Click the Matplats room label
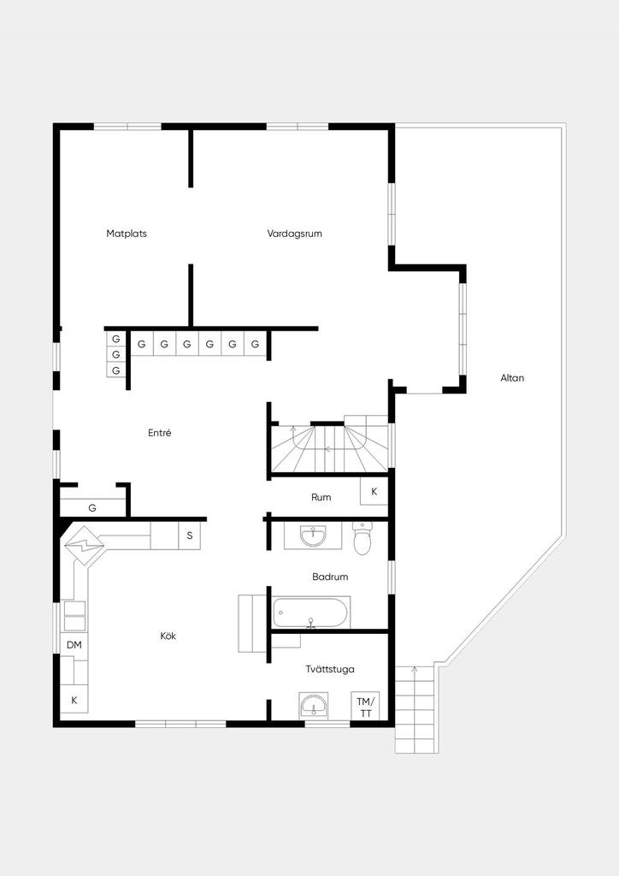(x=127, y=234)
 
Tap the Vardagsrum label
(x=295, y=234)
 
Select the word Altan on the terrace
(x=512, y=377)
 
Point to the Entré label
(x=160, y=432)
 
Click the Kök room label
(x=168, y=636)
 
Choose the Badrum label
(x=330, y=577)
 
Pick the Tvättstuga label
(x=330, y=669)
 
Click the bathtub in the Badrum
(x=311, y=613)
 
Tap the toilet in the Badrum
(x=363, y=539)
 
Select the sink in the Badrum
(x=313, y=536)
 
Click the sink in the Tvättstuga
(x=313, y=706)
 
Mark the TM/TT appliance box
(x=366, y=707)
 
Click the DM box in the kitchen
(x=74, y=645)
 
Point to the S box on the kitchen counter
(x=190, y=536)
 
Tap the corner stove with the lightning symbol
(x=85, y=546)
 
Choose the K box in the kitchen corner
(x=74, y=701)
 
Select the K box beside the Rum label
(x=374, y=492)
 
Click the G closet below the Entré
(x=92, y=508)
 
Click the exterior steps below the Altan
(x=415, y=709)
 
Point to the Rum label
(x=321, y=497)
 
